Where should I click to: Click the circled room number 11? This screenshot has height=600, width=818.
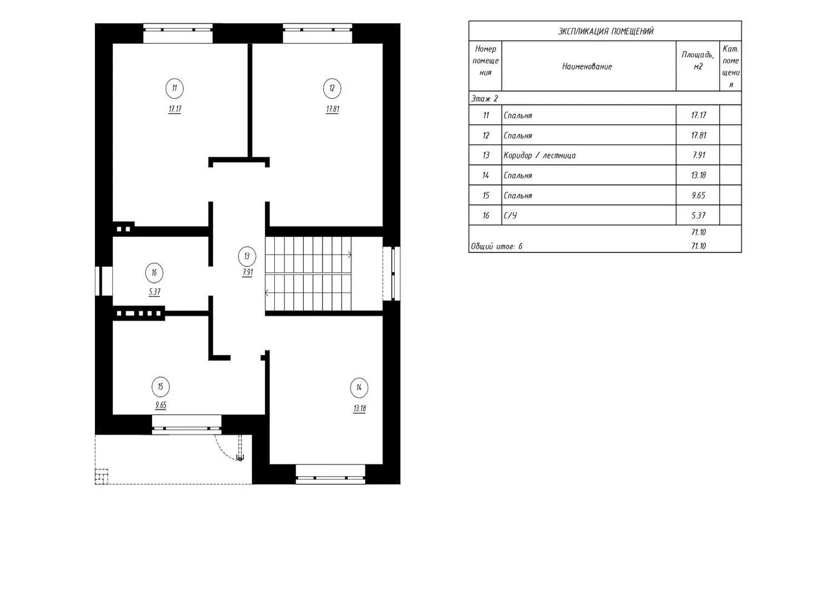pyautogui.click(x=174, y=88)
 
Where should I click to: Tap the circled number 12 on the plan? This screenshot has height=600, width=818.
pyautogui.click(x=332, y=88)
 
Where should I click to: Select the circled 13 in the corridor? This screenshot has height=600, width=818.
pyautogui.click(x=247, y=256)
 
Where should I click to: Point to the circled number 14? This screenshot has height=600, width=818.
pyautogui.click(x=359, y=387)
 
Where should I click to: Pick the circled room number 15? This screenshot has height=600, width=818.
pyautogui.click(x=160, y=387)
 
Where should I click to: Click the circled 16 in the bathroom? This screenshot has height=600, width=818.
pyautogui.click(x=154, y=273)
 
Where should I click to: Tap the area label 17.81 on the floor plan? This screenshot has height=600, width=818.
pyautogui.click(x=332, y=109)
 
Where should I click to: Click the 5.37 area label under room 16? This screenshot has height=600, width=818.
pyautogui.click(x=154, y=292)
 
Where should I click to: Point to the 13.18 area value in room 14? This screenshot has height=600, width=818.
pyautogui.click(x=359, y=408)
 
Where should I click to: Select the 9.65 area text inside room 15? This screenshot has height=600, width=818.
pyautogui.click(x=160, y=405)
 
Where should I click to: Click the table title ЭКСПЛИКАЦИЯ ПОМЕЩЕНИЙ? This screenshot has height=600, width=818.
pyautogui.click(x=605, y=32)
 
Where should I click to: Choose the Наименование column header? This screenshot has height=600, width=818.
pyautogui.click(x=587, y=67)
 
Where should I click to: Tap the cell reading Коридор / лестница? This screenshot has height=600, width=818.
pyautogui.click(x=539, y=156)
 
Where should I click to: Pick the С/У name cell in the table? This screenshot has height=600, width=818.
pyautogui.click(x=510, y=216)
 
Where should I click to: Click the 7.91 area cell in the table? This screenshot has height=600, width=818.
pyautogui.click(x=699, y=156)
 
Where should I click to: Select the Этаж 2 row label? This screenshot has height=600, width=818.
pyautogui.click(x=484, y=99)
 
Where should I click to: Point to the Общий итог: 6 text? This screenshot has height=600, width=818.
pyautogui.click(x=496, y=246)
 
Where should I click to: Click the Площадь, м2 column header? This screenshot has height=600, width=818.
pyautogui.click(x=698, y=61)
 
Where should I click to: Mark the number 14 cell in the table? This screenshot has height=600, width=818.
pyautogui.click(x=485, y=176)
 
